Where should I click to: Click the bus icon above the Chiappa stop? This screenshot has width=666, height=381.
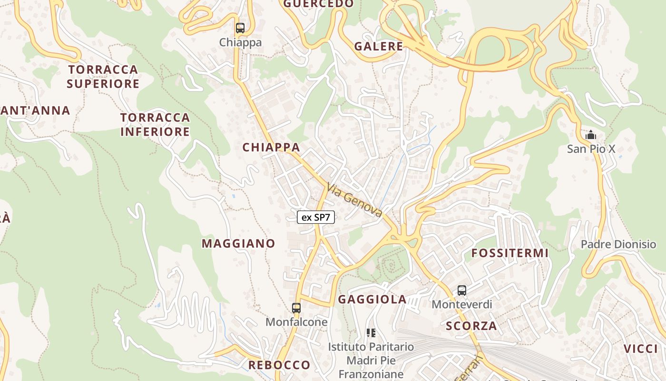[240, 28]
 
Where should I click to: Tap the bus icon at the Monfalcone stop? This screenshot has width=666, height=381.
[296, 308]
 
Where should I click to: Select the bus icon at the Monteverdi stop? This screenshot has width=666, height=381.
[461, 290]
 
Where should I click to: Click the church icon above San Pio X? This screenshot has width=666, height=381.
[591, 135]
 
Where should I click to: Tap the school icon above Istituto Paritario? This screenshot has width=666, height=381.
[371, 332]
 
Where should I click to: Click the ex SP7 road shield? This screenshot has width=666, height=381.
[316, 218]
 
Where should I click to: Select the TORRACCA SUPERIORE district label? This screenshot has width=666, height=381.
[103, 77]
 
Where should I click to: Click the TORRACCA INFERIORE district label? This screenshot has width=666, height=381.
[155, 124]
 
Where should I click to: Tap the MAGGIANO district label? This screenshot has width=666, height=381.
[238, 243]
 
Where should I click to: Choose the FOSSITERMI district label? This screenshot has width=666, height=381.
[510, 253]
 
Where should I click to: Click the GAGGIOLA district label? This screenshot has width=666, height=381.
[372, 300]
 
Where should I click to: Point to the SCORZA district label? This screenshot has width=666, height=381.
[471, 326]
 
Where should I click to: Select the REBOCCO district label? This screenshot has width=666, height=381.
[279, 365]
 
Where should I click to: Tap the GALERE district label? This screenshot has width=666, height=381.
[378, 46]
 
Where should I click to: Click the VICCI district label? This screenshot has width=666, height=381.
[640, 349]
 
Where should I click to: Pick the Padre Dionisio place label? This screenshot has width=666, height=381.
[618, 244]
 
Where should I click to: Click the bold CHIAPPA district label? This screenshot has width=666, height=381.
[271, 147]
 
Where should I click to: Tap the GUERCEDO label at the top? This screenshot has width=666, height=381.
[319, 4]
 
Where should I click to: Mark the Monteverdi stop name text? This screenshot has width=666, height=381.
[461, 304]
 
